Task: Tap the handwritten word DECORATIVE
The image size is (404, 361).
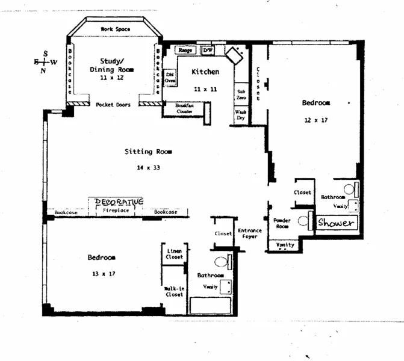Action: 117,202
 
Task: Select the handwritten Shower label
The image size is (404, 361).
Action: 336,223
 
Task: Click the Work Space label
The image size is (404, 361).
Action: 114,29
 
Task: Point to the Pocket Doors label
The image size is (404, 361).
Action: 113,105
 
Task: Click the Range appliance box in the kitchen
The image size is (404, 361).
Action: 184,51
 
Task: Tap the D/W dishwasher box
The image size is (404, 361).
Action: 208,51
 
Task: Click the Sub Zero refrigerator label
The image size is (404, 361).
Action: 240,94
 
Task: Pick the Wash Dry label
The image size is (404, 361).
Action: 240,114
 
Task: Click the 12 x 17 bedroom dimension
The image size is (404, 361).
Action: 315,120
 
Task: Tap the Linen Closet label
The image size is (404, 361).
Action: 174,254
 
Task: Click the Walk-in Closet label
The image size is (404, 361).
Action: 174,292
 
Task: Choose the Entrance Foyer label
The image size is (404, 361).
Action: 249,233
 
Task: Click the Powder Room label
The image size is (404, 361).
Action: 282,224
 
